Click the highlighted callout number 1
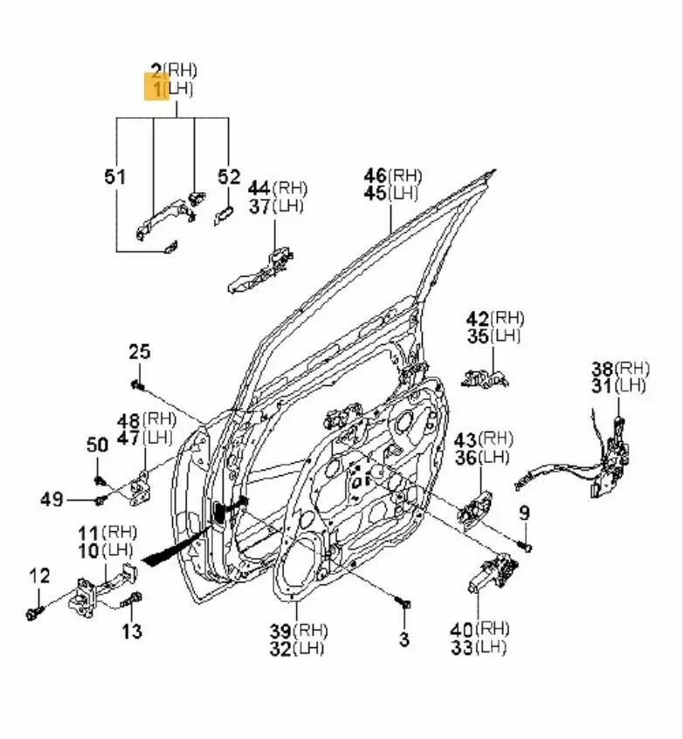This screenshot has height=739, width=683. tap(157, 87)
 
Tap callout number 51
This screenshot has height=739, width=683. tap(115, 176)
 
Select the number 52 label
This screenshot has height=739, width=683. tap(229, 176)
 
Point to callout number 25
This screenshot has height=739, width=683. tap(140, 351)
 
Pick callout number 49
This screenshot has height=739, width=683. tap(52, 500)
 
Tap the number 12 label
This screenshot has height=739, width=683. tap(39, 576)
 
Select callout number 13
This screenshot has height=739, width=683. tap(131, 630)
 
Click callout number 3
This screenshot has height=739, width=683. tap(404, 639)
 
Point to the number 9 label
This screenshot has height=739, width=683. tap(524, 513)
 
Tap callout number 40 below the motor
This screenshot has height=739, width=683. tap(461, 628)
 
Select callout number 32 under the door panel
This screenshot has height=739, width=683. tap(280, 648)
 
